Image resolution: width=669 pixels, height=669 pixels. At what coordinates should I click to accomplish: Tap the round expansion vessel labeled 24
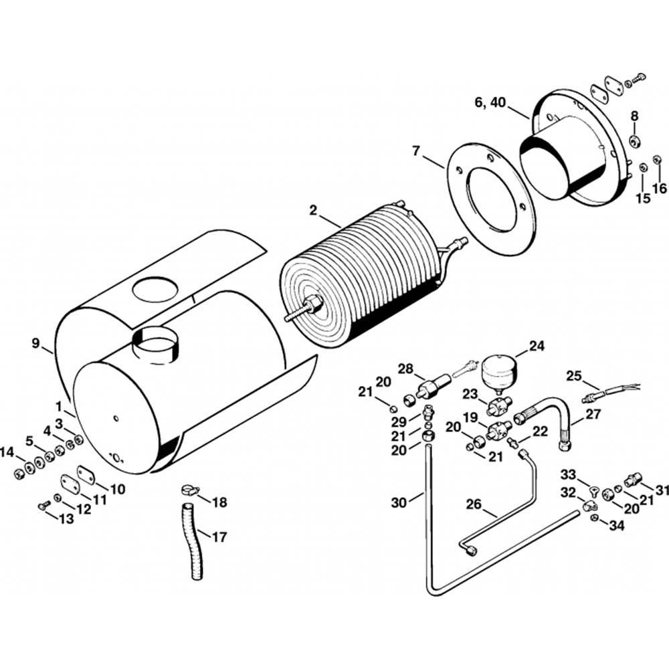[498, 370]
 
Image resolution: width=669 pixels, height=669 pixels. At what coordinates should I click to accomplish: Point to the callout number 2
[313, 210]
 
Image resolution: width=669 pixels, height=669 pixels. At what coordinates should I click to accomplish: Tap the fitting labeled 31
[632, 480]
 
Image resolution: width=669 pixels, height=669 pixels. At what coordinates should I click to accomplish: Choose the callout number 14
[7, 453]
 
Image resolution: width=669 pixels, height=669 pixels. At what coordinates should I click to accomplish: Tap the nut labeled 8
[634, 142]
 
